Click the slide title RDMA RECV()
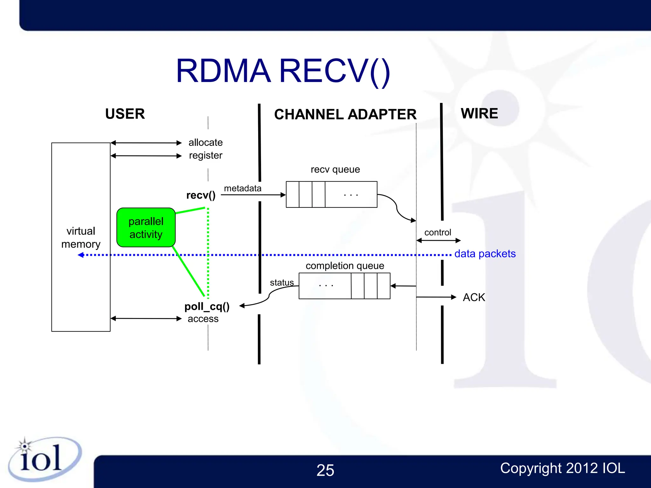pyautogui.click(x=283, y=71)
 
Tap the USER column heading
pyautogui.click(x=125, y=114)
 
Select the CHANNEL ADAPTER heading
pyautogui.click(x=345, y=114)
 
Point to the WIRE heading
pyautogui.click(x=479, y=113)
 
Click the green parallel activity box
pyautogui.click(x=146, y=227)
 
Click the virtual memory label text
pyautogui.click(x=81, y=237)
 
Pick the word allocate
pyautogui.click(x=205, y=142)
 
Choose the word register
pyautogui.click(x=205, y=155)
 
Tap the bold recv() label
pyautogui.click(x=201, y=195)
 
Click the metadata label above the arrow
pyautogui.click(x=243, y=188)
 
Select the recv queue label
pyautogui.click(x=335, y=169)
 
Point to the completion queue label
pyautogui.click(x=345, y=266)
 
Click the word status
pyautogui.click(x=282, y=282)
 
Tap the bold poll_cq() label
pyautogui.click(x=207, y=307)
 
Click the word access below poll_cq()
pyautogui.click(x=203, y=319)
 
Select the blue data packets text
pyautogui.click(x=485, y=254)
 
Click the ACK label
pyautogui.click(x=474, y=297)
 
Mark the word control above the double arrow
pyautogui.click(x=437, y=232)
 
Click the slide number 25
pyautogui.click(x=325, y=470)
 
